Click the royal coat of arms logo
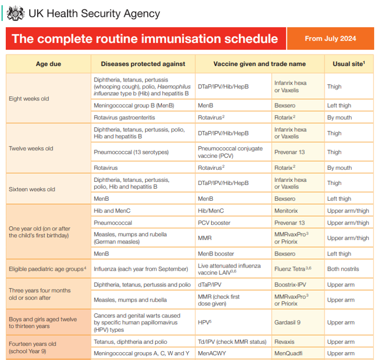(x=16, y=13)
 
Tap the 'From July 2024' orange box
(x=330, y=39)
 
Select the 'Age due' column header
(x=49, y=64)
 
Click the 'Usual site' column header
(x=349, y=64)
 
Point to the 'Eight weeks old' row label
(x=29, y=99)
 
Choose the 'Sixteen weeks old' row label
(x=32, y=189)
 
